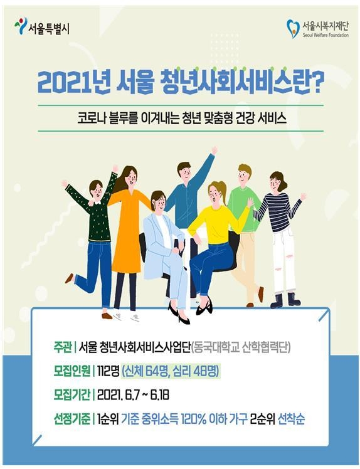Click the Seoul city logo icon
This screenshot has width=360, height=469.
(x=21, y=26)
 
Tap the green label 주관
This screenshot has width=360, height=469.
(x=63, y=348)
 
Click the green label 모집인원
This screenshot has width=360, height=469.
(x=72, y=371)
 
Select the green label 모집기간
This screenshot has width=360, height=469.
(x=72, y=395)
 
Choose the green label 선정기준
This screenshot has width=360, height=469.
(x=72, y=419)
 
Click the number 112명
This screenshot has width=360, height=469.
(x=108, y=371)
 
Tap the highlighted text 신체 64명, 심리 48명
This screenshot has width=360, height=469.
(x=171, y=371)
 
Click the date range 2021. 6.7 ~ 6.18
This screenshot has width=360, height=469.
(x=133, y=395)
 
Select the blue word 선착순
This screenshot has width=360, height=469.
(x=292, y=419)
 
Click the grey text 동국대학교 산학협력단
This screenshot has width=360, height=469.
(x=240, y=348)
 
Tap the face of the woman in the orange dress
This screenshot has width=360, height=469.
(x=130, y=179)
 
